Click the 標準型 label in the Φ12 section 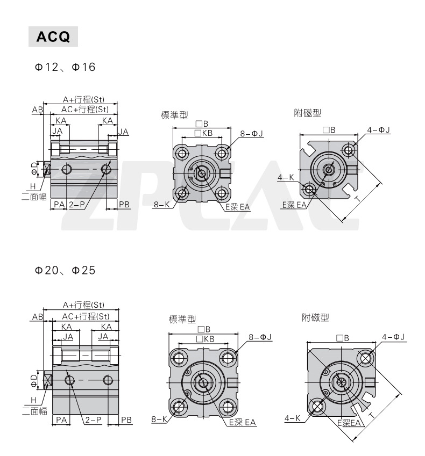pyautogui.click(x=174, y=115)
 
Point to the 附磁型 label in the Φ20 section pyautogui.click(x=315, y=318)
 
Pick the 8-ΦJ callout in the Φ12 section pyautogui.click(x=252, y=133)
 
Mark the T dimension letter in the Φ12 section pyautogui.click(x=357, y=199)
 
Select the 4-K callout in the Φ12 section pyautogui.click(x=285, y=177)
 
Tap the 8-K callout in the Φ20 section pyautogui.click(x=159, y=419)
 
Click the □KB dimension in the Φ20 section pyautogui.click(x=205, y=339)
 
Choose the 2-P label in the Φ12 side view pyautogui.click(x=77, y=204)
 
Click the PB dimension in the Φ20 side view pyautogui.click(x=126, y=419)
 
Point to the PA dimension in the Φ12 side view pyautogui.click(x=59, y=204)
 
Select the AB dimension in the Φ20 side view pyautogui.click(x=37, y=317)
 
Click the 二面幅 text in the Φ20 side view pyautogui.click(x=34, y=411)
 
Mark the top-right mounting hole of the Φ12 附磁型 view pyautogui.click(x=350, y=150)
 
